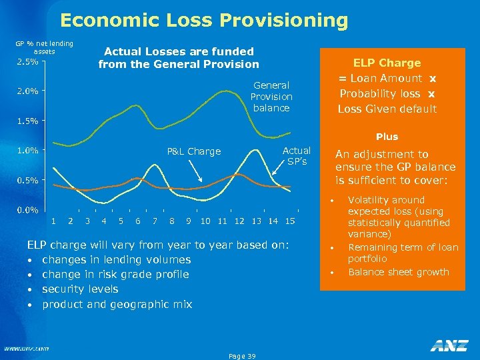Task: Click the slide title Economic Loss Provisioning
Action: click(x=203, y=21)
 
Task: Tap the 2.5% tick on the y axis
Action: click(x=27, y=62)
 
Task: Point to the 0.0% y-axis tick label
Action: click(x=27, y=210)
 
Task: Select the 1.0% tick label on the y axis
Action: click(x=27, y=151)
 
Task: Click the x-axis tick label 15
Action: click(x=290, y=221)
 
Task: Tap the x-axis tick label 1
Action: click(x=53, y=221)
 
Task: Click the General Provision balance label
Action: click(x=271, y=97)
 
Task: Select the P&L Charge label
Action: click(x=194, y=151)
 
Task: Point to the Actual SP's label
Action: click(x=297, y=155)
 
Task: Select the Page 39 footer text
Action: click(x=242, y=356)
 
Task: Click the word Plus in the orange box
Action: click(x=387, y=137)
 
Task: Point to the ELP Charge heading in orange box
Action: click(x=387, y=63)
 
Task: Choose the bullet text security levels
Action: click(x=80, y=289)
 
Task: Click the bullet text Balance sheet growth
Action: click(x=399, y=272)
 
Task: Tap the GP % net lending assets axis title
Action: click(x=44, y=47)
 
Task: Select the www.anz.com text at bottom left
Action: click(x=26, y=348)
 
